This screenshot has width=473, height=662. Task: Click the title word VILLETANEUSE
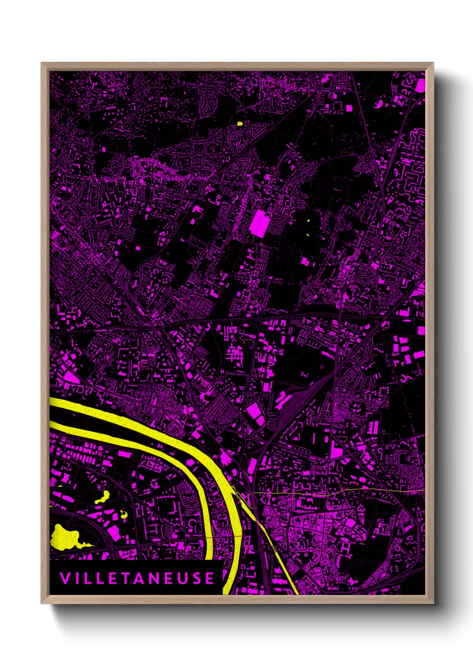click(x=137, y=578)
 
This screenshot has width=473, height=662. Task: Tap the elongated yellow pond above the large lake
click(x=102, y=497)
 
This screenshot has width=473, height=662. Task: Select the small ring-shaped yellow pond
click(x=124, y=513)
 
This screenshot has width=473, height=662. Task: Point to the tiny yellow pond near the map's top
click(x=240, y=123)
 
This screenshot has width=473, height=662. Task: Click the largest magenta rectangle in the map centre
click(x=260, y=223)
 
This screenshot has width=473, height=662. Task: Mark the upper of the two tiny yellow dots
click(x=308, y=220)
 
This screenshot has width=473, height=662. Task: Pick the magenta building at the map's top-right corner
click(x=420, y=85)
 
